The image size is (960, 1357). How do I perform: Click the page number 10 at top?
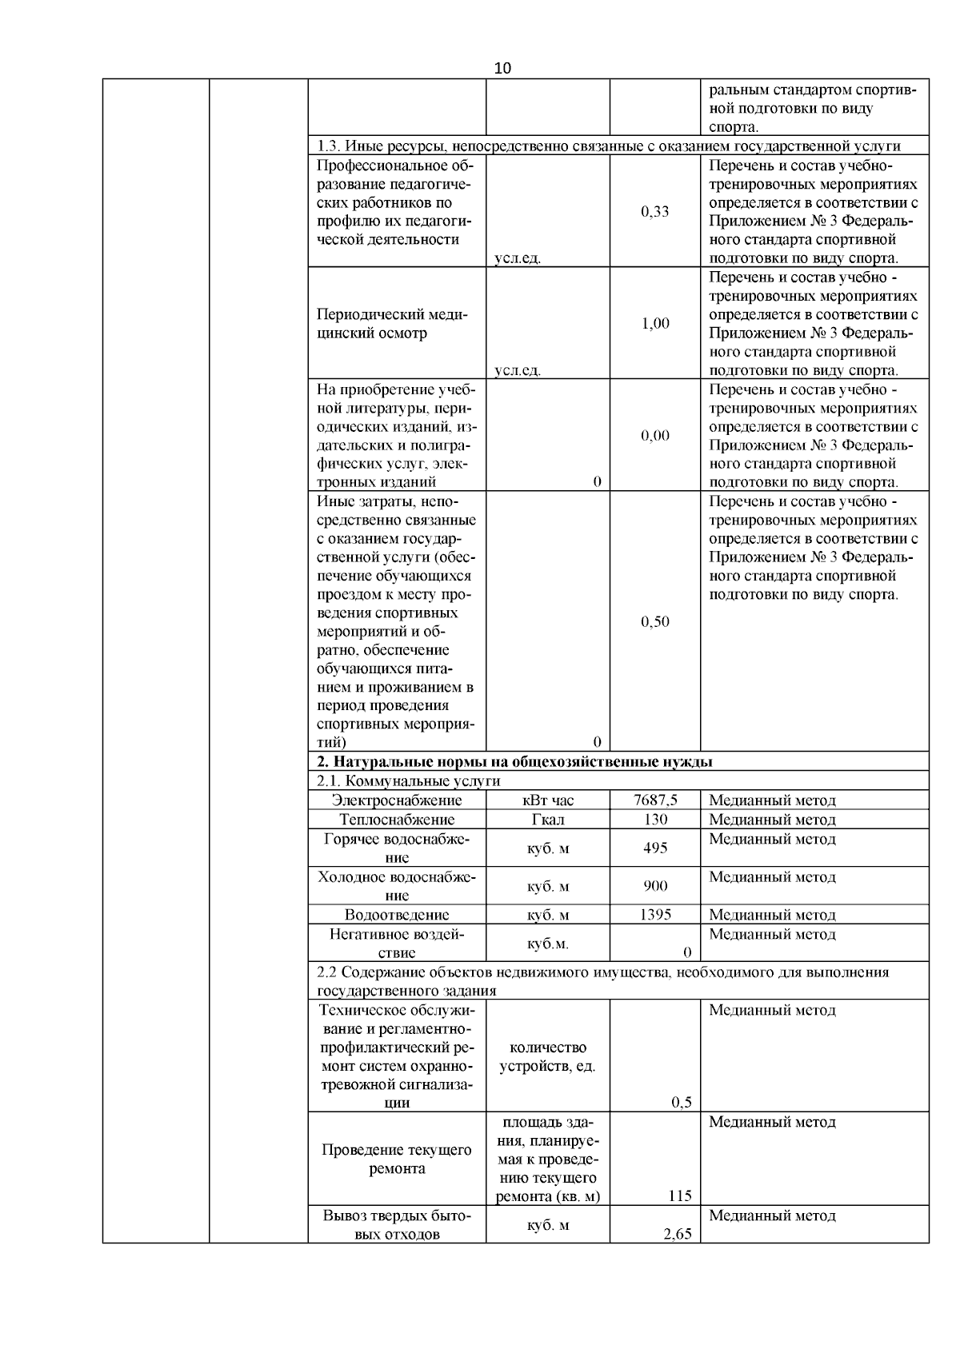[502, 68]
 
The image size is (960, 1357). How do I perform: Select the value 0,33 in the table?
[654, 212]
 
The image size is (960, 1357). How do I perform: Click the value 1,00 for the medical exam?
[654, 324]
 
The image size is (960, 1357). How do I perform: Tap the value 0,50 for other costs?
[654, 622]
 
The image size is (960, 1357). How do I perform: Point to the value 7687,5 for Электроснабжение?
[655, 800]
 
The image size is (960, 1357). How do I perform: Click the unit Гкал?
[548, 820]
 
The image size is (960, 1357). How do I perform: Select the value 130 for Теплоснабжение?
[655, 820]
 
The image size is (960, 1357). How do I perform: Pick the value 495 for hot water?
[655, 848]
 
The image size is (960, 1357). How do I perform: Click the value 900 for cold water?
[655, 886]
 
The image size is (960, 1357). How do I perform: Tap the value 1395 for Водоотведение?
[655, 915]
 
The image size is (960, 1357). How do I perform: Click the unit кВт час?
[548, 800]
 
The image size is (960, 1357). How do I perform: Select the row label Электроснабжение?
[397, 800]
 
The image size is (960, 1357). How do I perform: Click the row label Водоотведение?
[397, 915]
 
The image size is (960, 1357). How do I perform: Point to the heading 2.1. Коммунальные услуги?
[408, 781]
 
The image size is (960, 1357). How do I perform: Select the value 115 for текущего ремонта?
[679, 1196]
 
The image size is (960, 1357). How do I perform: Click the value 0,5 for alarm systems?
[682, 1103]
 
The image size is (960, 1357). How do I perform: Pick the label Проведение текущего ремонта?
[397, 1159]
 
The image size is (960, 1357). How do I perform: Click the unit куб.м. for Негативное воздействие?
[548, 944]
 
